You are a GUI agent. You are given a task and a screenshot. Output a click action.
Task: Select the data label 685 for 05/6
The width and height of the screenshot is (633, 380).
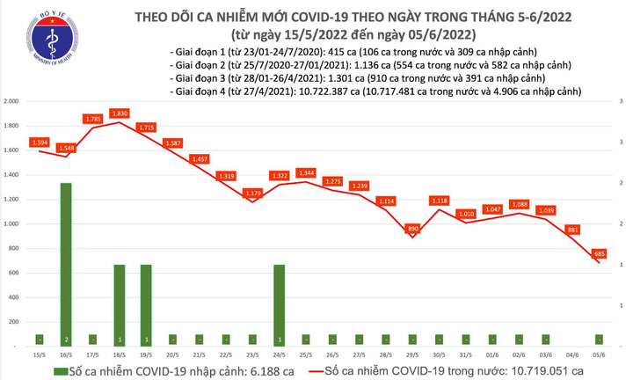click(x=599, y=253)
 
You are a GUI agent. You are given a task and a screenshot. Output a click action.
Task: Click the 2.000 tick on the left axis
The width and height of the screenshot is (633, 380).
click(x=12, y=102)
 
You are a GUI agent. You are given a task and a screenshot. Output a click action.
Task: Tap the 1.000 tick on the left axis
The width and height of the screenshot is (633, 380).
click(x=12, y=224)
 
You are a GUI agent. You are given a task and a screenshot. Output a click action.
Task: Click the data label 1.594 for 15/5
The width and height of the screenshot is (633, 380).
click(x=40, y=142)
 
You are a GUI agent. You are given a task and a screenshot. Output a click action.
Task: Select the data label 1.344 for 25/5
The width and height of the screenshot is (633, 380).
click(x=306, y=172)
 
